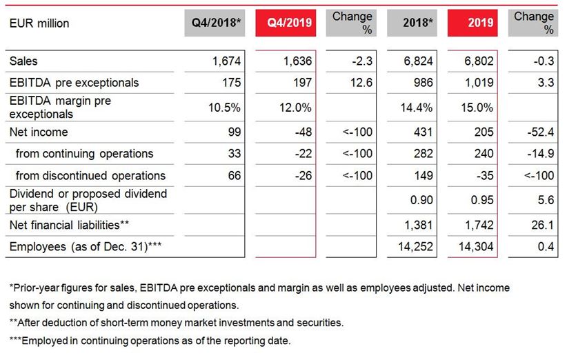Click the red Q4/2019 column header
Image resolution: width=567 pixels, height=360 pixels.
286,23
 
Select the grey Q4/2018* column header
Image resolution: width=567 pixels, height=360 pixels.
216,23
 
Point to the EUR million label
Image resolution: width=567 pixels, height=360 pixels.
39,23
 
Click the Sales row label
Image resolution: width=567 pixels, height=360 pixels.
23,61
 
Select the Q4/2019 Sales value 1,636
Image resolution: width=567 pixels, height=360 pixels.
298,61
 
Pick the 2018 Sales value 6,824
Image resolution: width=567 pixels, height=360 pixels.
418,61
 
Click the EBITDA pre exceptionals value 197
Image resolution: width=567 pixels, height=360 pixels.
302,83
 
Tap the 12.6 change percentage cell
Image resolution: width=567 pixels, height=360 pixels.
361,83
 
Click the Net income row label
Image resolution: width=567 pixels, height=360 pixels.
39,132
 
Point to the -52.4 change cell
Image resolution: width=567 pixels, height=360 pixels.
539,132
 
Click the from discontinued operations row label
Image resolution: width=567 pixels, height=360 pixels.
90,175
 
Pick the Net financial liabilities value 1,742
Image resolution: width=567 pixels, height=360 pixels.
479,225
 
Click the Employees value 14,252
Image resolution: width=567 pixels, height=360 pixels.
415,246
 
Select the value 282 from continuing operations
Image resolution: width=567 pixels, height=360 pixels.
423,154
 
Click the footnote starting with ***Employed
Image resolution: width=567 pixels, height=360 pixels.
150,340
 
